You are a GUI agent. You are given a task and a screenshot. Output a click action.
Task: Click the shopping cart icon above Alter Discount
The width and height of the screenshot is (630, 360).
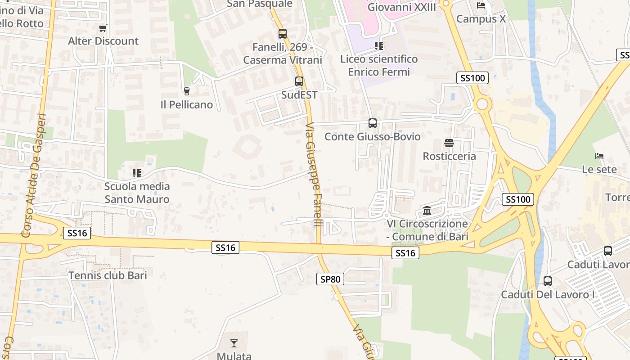(x=103, y=28)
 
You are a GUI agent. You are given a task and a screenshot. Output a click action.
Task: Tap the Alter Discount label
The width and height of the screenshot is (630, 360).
(x=103, y=41)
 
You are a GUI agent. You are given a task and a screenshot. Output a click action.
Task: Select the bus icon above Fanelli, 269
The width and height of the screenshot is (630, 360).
(x=283, y=34)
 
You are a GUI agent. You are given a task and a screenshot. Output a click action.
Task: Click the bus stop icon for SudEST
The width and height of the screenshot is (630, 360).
(x=299, y=82)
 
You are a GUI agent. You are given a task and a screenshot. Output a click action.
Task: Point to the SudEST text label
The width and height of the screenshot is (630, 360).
(x=299, y=95)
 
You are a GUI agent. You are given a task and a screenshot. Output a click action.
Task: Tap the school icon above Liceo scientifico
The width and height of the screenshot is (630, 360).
(x=379, y=46)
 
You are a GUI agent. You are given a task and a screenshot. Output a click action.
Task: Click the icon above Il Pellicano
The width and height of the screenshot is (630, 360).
(x=187, y=91)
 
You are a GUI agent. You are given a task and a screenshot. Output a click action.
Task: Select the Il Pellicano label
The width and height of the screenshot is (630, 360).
(x=187, y=105)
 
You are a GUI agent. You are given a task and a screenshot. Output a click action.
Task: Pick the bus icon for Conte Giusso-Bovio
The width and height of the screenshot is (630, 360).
(x=373, y=123)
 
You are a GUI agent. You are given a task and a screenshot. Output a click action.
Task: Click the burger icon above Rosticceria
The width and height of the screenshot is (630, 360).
(x=449, y=143)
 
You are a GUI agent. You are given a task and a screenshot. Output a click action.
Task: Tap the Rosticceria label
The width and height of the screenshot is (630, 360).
(x=449, y=156)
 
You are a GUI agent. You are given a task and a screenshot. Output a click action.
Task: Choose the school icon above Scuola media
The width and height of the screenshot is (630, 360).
(x=137, y=173)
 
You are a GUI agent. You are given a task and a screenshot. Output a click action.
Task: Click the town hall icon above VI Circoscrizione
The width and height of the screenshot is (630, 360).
(x=427, y=211)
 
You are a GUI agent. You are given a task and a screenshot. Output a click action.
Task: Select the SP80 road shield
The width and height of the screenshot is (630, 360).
(x=330, y=279)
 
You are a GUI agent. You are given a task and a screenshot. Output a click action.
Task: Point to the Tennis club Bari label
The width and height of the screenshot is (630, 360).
(x=108, y=275)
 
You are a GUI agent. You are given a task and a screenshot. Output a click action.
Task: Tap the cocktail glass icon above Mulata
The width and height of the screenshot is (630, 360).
(x=234, y=343)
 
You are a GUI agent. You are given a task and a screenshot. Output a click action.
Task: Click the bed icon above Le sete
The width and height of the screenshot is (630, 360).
(x=599, y=156)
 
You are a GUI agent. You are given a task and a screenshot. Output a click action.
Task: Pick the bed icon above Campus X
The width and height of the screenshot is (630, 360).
(x=481, y=6)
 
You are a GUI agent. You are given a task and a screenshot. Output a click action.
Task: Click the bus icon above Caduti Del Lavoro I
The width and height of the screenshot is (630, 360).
(x=548, y=281)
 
